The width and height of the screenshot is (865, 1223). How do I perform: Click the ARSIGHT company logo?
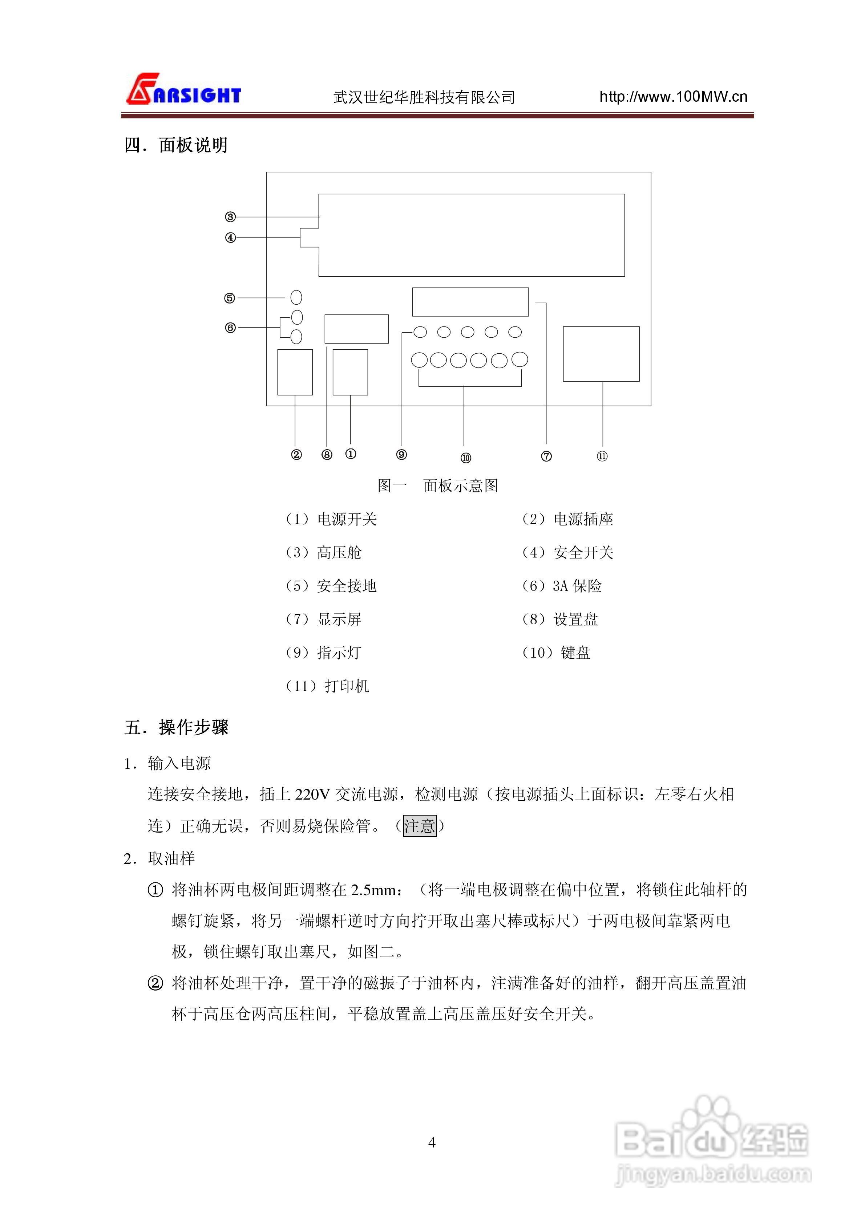pyautogui.click(x=183, y=89)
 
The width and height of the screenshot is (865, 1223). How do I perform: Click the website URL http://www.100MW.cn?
pyautogui.click(x=673, y=97)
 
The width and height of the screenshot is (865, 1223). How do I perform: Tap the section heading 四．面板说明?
pyautogui.click(x=176, y=145)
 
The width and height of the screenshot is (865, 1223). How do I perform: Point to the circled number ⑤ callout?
pyautogui.click(x=230, y=298)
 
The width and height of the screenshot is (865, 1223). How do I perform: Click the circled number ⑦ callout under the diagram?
pyautogui.click(x=546, y=456)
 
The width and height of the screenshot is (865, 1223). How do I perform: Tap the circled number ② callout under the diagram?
pyautogui.click(x=296, y=454)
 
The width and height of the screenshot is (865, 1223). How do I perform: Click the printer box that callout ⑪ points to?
pyautogui.click(x=601, y=354)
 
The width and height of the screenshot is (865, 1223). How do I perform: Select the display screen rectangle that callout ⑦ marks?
pyautogui.click(x=470, y=302)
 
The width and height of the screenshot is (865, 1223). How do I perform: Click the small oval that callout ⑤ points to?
pyautogui.click(x=296, y=297)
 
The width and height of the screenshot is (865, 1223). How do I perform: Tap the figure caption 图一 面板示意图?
pyautogui.click(x=437, y=485)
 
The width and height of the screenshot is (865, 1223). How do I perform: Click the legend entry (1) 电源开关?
pyautogui.click(x=331, y=519)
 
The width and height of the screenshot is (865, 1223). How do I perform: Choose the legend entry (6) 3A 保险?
pyautogui.click(x=561, y=586)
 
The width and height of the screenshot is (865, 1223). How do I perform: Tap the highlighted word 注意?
pyautogui.click(x=420, y=826)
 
